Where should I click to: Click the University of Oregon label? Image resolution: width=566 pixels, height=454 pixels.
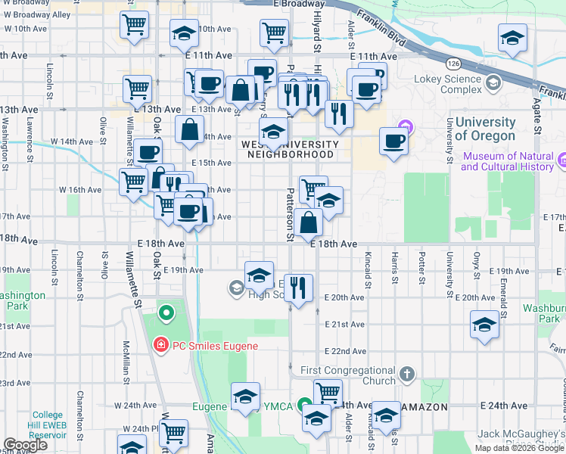(x=485, y=129)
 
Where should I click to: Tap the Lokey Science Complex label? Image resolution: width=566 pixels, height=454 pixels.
(x=450, y=83)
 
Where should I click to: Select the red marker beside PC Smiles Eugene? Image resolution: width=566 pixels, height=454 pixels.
(x=160, y=346)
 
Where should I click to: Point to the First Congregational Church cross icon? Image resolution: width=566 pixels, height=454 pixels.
(x=407, y=373)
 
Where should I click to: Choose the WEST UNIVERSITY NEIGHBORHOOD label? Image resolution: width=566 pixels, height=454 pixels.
(x=291, y=149)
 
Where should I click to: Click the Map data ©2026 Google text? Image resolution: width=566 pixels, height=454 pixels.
(x=519, y=448)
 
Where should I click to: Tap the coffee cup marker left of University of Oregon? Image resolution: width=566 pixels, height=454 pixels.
(x=393, y=141)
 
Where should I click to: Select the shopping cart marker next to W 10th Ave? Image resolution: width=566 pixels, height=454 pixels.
(x=135, y=24)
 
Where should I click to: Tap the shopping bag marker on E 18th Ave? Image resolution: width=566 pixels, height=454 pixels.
(x=309, y=223)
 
